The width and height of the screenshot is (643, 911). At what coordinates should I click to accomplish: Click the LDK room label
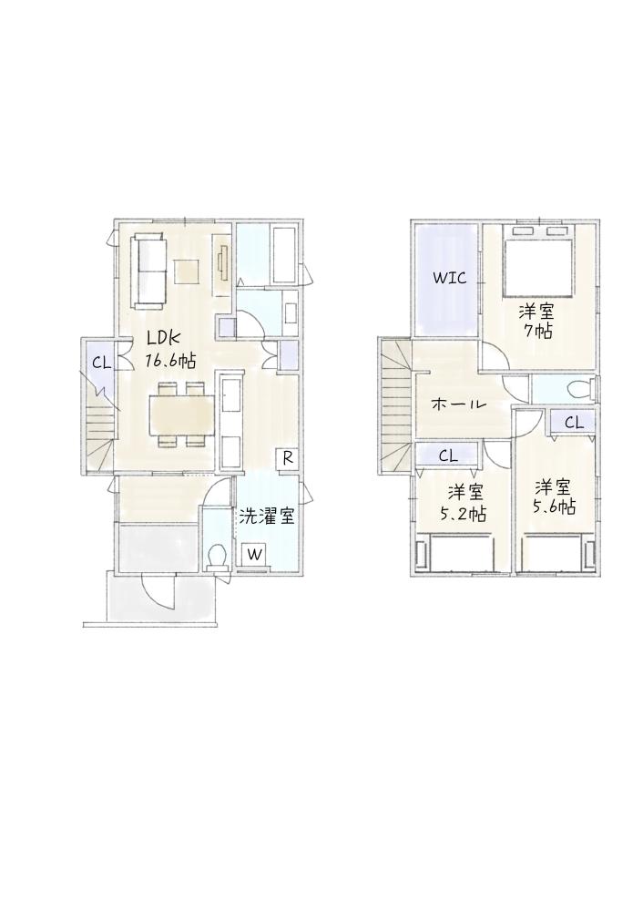point(164,338)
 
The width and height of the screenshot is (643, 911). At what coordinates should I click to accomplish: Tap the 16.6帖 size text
point(169,360)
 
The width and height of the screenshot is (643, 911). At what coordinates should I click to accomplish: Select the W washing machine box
point(254,554)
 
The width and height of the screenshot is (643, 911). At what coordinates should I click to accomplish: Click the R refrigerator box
point(287,457)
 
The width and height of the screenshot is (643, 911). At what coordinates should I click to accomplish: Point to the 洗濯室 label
point(267,516)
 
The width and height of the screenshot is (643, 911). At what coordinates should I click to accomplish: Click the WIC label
point(449,278)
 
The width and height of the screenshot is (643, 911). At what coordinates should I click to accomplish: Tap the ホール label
point(458,405)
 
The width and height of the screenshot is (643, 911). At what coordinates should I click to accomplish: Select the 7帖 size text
point(536,332)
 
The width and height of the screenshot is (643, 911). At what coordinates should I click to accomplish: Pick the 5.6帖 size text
point(554,507)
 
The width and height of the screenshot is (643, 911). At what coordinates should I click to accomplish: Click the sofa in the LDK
point(148,270)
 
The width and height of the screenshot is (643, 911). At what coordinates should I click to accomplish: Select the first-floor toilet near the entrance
point(218,557)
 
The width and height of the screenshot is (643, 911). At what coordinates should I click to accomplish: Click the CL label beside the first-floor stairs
point(101,363)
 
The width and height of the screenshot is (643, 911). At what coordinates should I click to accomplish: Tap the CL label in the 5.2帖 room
point(447,456)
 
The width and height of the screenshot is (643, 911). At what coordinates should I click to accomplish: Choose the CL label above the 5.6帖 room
point(574,423)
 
